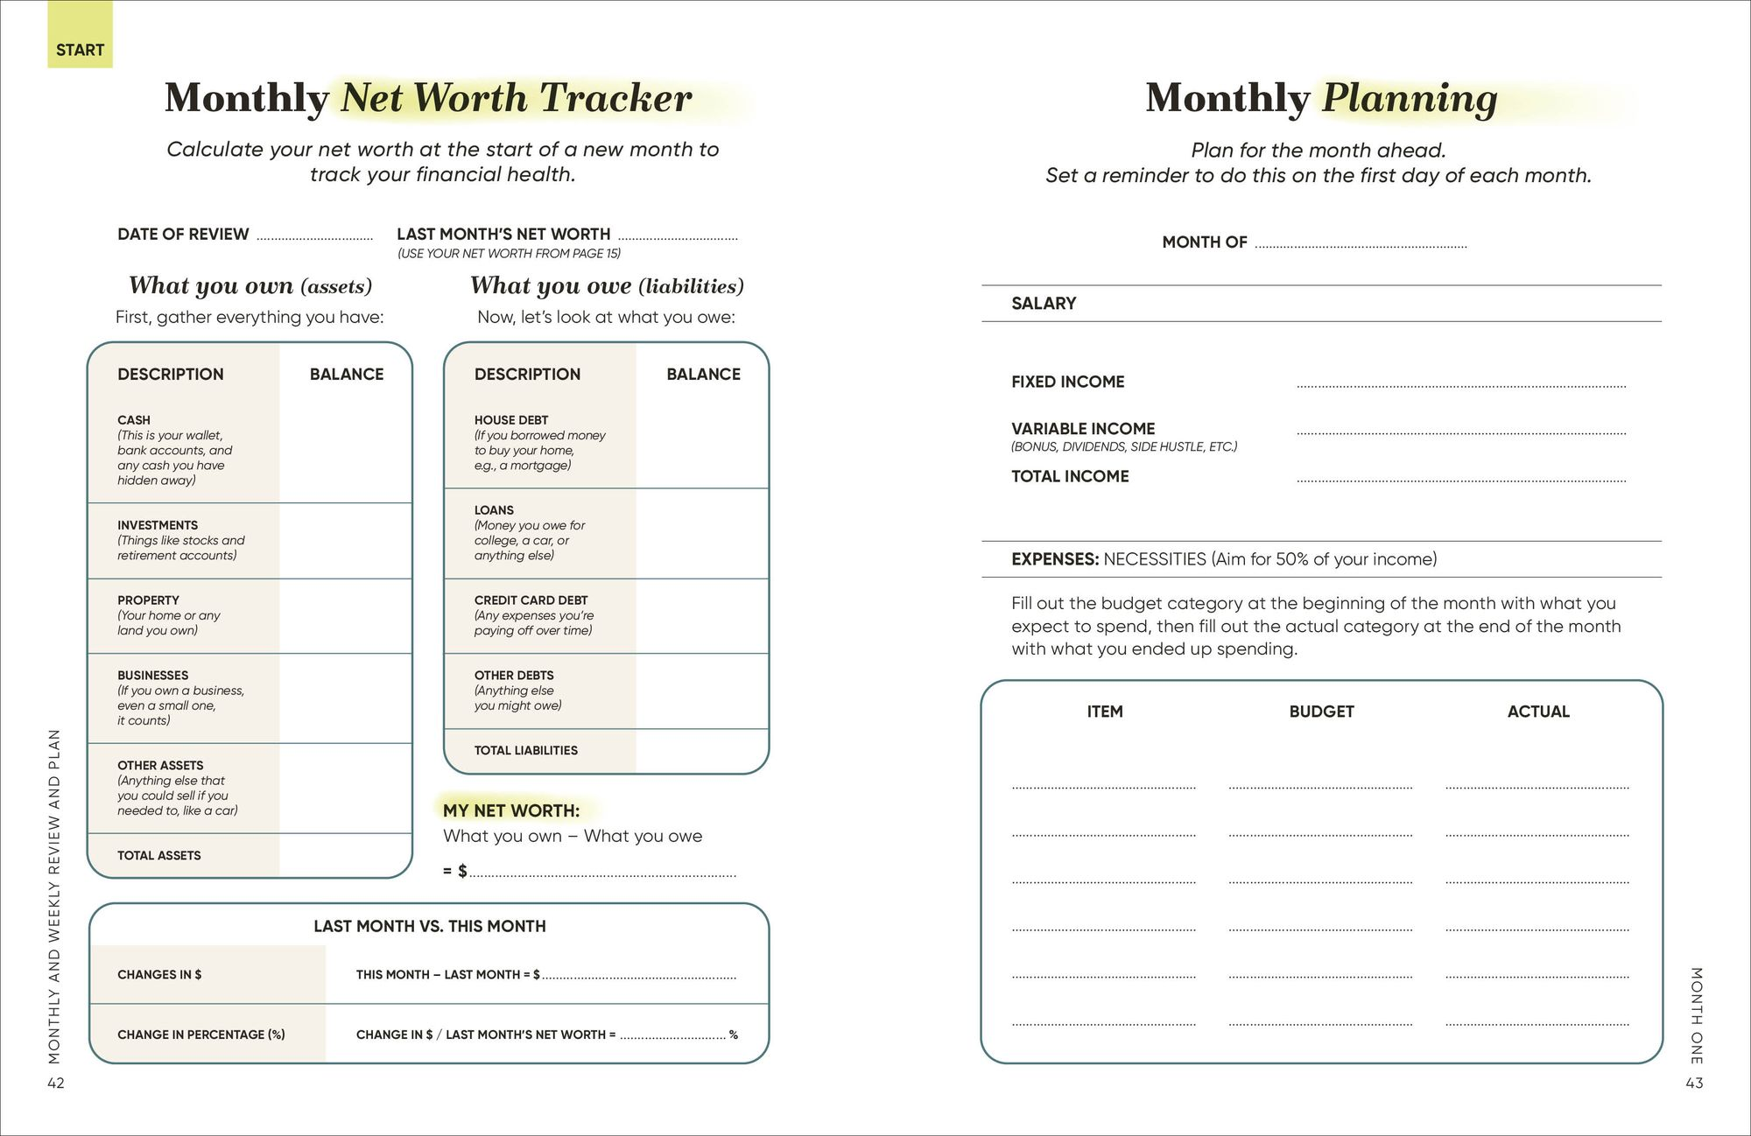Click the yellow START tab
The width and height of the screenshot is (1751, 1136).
[x=80, y=49]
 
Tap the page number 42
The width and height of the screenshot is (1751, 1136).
[x=56, y=1083]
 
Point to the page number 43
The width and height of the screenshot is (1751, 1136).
[x=1694, y=1083]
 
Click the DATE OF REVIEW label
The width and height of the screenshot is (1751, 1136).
[x=183, y=235]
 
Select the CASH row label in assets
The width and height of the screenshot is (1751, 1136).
[x=134, y=420]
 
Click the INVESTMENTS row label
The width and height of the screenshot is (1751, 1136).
[x=158, y=525]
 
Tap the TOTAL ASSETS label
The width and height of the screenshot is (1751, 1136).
[x=159, y=855]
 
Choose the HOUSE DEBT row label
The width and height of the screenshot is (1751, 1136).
[x=511, y=420]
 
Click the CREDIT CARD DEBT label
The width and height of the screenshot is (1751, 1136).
[x=531, y=600]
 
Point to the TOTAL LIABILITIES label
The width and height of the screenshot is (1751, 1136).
[x=525, y=750]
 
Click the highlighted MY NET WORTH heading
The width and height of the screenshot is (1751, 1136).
[x=511, y=810]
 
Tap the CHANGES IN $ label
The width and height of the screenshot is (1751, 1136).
[x=159, y=974]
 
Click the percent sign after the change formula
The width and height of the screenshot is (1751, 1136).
[x=733, y=1034]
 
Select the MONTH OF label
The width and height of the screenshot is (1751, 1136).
[x=1204, y=242]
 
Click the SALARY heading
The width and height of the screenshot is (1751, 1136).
[x=1044, y=304]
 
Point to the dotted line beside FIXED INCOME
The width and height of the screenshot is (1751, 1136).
[x=1460, y=385]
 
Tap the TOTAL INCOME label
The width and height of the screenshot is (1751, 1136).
[x=1070, y=477]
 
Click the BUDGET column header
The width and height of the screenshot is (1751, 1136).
[x=1321, y=712]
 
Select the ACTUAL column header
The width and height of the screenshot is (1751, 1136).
[x=1537, y=712]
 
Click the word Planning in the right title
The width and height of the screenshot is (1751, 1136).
[x=1410, y=98]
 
